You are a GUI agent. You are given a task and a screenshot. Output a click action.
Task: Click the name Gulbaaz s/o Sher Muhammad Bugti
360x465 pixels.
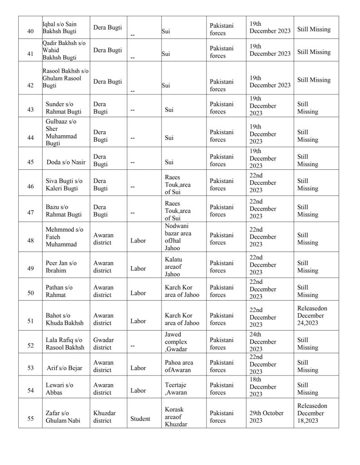point(61,132)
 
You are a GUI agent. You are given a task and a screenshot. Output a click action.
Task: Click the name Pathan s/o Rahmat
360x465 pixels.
point(59,291)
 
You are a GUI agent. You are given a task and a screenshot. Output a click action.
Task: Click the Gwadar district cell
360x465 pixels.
point(103,343)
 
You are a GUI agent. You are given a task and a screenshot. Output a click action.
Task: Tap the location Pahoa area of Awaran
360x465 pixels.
point(179,366)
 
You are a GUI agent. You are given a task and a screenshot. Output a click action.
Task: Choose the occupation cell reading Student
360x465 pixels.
point(140,419)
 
